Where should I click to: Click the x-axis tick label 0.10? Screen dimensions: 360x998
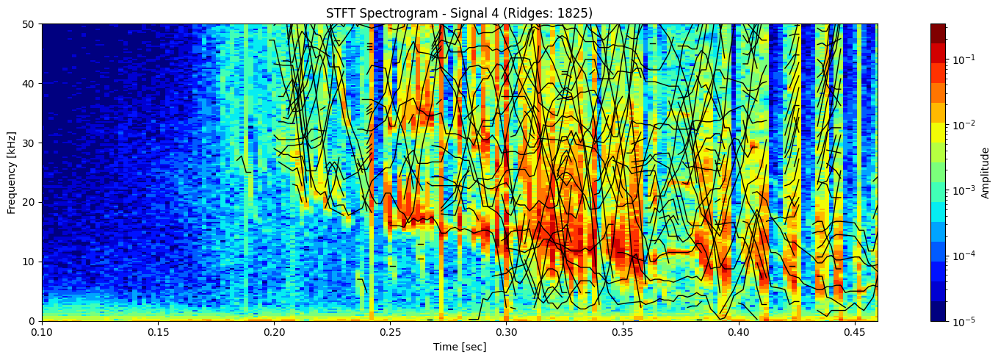click(x=42, y=333)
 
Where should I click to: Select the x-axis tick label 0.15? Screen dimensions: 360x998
click(x=158, y=333)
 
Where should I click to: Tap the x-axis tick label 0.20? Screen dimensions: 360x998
click(x=274, y=333)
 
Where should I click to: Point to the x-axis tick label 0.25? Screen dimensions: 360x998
click(x=390, y=333)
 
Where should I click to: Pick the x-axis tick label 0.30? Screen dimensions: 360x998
click(x=506, y=333)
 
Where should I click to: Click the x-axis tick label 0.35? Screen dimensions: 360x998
click(x=622, y=333)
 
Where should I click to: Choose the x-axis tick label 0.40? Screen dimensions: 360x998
click(x=738, y=333)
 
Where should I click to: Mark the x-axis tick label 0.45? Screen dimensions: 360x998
click(x=854, y=333)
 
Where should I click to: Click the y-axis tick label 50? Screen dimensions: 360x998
click(x=30, y=24)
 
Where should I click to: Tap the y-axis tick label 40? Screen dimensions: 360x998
click(x=30, y=84)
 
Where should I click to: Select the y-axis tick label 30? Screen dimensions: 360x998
click(x=30, y=143)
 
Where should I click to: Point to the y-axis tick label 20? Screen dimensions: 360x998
click(x=30, y=202)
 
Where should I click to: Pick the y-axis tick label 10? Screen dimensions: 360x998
click(x=30, y=262)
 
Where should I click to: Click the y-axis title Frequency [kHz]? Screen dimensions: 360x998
click(x=12, y=173)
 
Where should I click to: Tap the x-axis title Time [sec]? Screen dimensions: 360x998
click(x=459, y=347)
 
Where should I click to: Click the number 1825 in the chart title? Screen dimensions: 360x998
click(x=576, y=13)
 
